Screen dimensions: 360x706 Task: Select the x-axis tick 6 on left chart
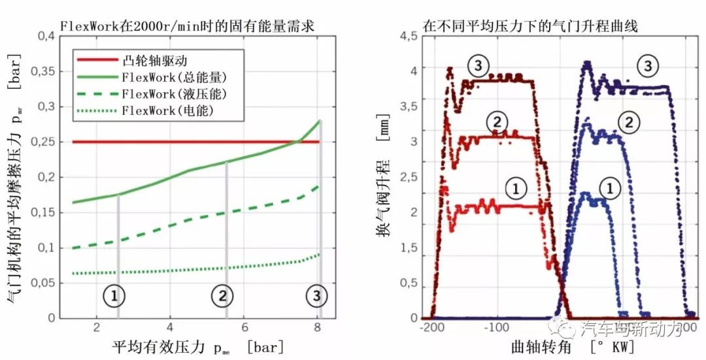pyautogui.click(x=244, y=327)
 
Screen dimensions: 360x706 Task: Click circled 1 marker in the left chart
pyautogui.click(x=114, y=296)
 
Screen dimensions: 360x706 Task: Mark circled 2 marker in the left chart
pyautogui.click(x=222, y=296)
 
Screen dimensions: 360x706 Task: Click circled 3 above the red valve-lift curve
pyautogui.click(x=479, y=65)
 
